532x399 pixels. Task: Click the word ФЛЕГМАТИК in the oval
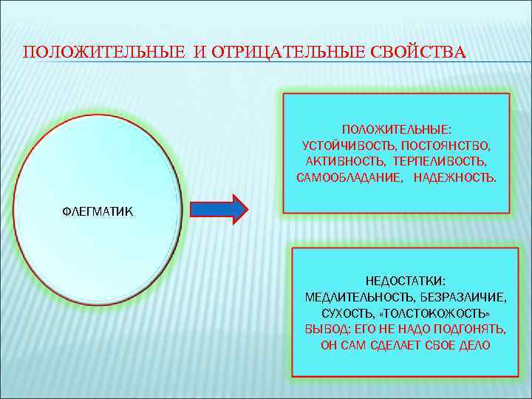click(97, 212)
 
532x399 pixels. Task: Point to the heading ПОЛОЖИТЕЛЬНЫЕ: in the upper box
click(396, 128)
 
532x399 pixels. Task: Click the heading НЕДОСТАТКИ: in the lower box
click(406, 280)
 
